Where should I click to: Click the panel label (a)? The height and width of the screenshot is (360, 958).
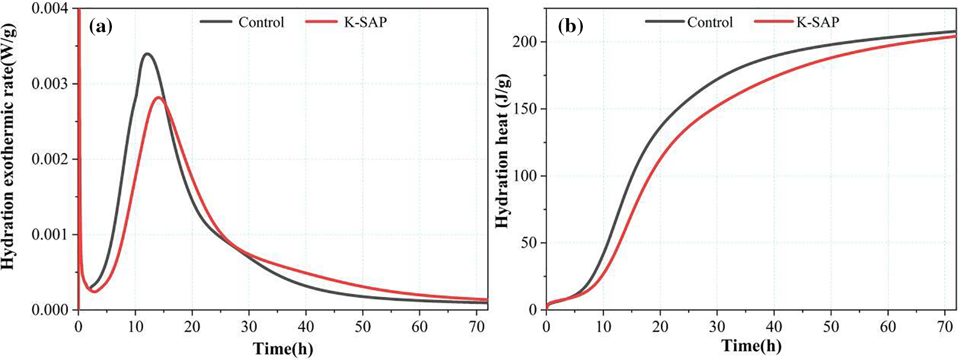point(101,26)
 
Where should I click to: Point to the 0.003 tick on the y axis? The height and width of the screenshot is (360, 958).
point(49,84)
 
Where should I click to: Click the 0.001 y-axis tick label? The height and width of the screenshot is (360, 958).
point(49,235)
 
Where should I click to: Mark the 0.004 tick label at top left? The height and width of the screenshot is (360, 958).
point(49,9)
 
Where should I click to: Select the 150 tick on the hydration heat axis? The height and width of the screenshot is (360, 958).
point(524,109)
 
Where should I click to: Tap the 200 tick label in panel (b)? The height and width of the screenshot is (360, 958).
point(524,42)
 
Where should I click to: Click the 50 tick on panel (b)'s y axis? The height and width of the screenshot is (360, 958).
point(529,243)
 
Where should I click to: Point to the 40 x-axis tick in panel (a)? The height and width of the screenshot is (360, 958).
point(306,327)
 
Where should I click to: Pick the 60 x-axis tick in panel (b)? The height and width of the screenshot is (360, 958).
point(888,327)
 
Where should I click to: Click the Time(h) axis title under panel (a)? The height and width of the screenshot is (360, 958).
point(283,348)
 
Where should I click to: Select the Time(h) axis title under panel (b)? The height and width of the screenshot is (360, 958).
point(751,346)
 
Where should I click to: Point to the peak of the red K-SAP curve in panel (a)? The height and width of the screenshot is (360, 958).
point(158,97)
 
